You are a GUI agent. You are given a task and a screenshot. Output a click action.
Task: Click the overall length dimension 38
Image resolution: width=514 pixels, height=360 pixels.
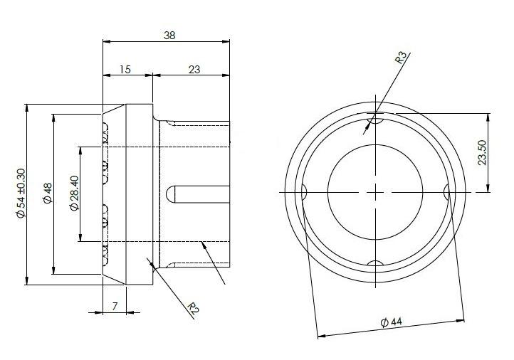(169, 34)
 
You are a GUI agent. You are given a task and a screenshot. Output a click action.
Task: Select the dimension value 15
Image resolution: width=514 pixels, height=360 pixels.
(125, 69)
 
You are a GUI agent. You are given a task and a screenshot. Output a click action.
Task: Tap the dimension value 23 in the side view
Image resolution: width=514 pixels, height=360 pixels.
(194, 69)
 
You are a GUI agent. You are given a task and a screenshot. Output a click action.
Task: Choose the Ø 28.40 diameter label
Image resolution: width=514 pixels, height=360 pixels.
(74, 194)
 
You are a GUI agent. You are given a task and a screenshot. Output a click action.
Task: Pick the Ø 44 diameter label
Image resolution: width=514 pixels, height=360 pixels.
(392, 322)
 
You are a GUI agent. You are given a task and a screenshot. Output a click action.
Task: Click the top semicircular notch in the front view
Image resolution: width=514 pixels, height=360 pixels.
(375, 122)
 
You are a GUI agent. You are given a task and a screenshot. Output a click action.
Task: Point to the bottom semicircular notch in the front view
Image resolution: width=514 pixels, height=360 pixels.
(375, 265)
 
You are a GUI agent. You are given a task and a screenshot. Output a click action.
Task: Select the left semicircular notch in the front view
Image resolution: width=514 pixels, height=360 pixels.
(304, 193)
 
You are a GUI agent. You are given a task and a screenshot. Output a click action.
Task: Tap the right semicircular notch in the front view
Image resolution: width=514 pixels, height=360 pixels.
(446, 193)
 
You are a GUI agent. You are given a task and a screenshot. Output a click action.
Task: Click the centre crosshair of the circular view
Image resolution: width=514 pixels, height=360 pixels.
(375, 193)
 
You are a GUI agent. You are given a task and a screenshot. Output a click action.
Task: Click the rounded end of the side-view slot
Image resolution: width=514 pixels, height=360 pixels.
(171, 193)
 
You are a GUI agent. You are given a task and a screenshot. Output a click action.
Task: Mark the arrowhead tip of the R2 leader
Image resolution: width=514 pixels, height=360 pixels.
(147, 259)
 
